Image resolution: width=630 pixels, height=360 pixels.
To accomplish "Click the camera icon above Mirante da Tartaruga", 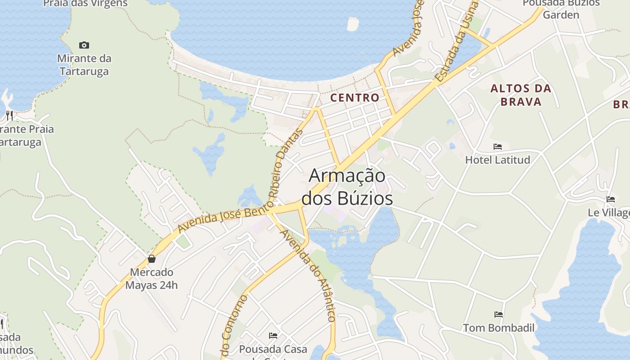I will [84, 45].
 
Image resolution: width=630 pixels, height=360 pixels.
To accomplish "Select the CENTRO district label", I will [355, 98].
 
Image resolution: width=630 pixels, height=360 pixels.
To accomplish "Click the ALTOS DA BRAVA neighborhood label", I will [521, 95].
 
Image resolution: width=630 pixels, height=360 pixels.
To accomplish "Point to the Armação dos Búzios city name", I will [347, 187].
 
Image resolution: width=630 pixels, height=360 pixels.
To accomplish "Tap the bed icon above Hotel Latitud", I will [498, 147].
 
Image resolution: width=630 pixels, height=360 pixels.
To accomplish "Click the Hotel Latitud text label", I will [498, 160].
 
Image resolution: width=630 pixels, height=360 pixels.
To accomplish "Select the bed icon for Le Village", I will [611, 199].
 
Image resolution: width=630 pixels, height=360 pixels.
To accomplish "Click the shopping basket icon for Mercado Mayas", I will [152, 259].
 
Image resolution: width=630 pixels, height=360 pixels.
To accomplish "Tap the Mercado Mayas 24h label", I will [152, 279].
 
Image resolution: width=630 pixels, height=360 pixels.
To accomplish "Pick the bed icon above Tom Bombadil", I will [499, 315].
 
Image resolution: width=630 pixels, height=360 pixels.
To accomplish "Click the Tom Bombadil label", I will [499, 328].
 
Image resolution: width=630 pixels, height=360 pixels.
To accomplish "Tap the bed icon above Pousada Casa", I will [273, 336].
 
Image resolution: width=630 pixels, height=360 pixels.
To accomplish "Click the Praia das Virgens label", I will [85, 4].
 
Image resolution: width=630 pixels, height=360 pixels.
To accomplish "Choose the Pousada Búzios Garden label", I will [561, 9].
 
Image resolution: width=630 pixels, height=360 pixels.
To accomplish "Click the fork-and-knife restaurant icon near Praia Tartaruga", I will [9, 116].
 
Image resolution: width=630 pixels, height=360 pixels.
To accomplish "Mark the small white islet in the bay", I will [353, 24].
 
